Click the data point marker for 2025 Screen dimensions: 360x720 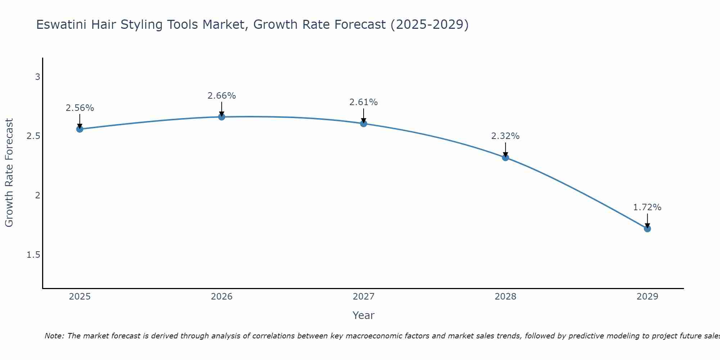click(x=80, y=129)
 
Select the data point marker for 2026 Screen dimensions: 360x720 click(x=221, y=117)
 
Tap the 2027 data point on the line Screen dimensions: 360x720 click(x=364, y=123)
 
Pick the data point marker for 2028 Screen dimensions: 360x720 click(x=505, y=157)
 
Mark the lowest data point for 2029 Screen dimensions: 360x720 click(x=647, y=229)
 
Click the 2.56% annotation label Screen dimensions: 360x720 click(x=80, y=108)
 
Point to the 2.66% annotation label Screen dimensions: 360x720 click(x=221, y=96)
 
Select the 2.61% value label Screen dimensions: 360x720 click(x=364, y=102)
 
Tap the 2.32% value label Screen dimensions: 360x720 click(x=505, y=136)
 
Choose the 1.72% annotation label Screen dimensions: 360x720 click(x=647, y=207)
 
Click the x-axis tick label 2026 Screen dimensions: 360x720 click(x=221, y=297)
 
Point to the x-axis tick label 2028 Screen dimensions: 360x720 click(x=505, y=297)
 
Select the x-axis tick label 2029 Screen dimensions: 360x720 click(x=647, y=297)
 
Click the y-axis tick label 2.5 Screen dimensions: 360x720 click(x=33, y=136)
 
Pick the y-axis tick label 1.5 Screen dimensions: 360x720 click(x=33, y=255)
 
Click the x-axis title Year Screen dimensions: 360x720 click(x=364, y=315)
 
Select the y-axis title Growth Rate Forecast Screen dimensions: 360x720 click(x=9, y=173)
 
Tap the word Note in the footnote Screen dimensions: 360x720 click(x=54, y=336)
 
